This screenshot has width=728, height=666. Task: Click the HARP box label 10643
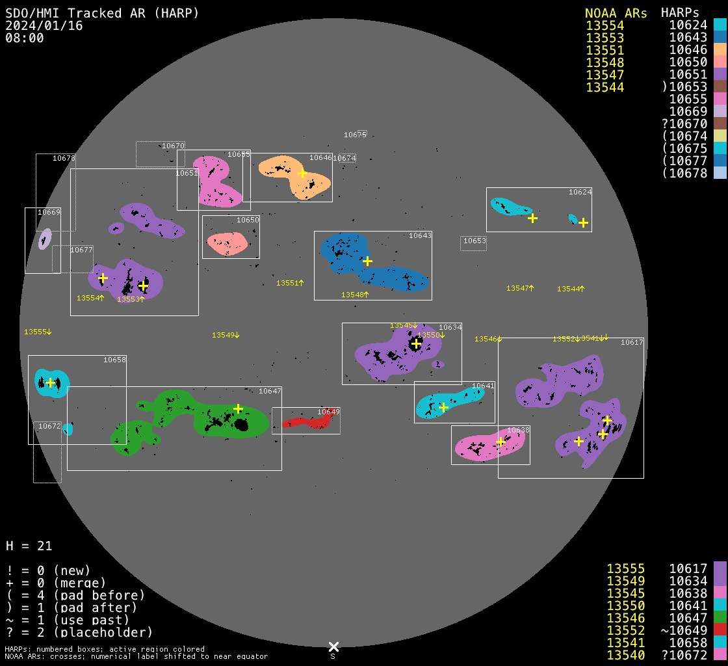coord(419,235)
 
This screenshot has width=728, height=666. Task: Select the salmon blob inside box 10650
coord(227,243)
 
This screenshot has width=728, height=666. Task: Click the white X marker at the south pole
coord(333,646)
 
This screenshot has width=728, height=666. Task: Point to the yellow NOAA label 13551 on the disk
coord(290,283)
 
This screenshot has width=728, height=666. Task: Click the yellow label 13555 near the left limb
coord(38,332)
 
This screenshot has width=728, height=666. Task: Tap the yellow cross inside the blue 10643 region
coord(367,261)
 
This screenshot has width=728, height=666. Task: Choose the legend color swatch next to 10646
coord(720,50)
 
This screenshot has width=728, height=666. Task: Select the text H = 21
coord(29,546)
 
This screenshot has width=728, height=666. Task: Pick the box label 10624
coord(580,192)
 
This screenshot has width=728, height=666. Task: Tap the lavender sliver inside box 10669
coord(44,239)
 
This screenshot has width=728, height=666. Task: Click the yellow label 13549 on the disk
coord(226,335)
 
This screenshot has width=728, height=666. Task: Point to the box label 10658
coord(114,360)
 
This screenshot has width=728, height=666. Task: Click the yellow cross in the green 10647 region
coord(238,408)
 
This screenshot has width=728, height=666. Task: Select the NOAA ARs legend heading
coord(616,13)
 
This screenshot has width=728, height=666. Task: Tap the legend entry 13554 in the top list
coord(604,25)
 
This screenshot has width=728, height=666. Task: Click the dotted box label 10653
coord(474,241)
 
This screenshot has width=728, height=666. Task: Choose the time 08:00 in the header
coord(25,38)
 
